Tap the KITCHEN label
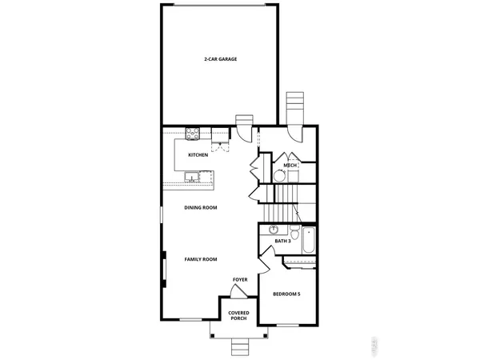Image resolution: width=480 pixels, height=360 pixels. (198, 154)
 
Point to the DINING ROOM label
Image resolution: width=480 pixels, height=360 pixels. (201, 207)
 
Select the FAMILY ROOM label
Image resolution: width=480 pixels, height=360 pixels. (201, 259)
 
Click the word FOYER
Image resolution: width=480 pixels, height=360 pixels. (240, 279)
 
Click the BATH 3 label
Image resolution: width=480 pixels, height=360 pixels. (282, 241)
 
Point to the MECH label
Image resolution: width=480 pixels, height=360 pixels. (290, 166)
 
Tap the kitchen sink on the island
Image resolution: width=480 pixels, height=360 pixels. (192, 177)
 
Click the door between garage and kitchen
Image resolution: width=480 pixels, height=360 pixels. (244, 122)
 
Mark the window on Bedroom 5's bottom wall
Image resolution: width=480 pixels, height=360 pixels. (290, 322)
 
